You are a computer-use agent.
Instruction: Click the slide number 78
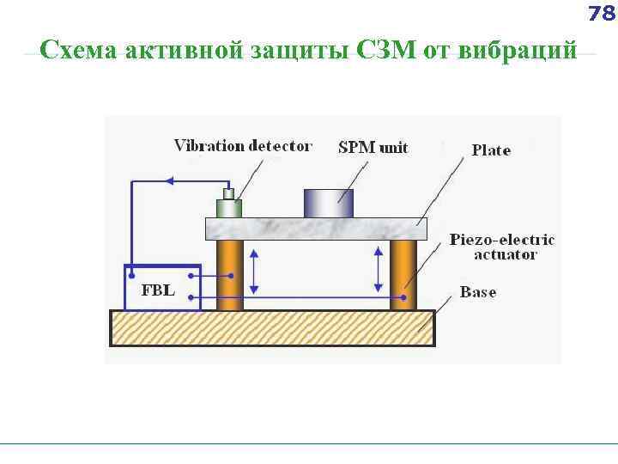pyautogui.click(x=602, y=14)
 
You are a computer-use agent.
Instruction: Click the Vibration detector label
pyautogui.click(x=243, y=145)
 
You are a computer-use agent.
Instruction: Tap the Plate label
pyautogui.click(x=491, y=150)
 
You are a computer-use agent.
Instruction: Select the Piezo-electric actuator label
pyautogui.click(x=502, y=247)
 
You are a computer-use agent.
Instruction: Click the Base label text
pyautogui.click(x=478, y=292)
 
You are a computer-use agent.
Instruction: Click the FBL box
pyautogui.click(x=162, y=288)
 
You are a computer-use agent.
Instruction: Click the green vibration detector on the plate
pyautogui.click(x=228, y=207)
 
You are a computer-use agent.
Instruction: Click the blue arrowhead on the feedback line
pyautogui.click(x=170, y=180)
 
